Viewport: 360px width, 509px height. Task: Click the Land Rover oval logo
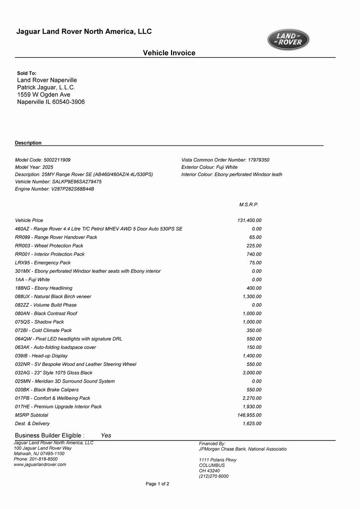288,40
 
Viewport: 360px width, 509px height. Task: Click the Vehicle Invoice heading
169,53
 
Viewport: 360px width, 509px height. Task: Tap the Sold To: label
27,73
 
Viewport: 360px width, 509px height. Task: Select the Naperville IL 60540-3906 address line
51,102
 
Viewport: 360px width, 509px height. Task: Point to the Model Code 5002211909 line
43,160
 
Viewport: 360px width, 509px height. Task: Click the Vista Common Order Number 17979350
225,160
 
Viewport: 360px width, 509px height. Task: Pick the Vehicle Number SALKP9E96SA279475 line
58,182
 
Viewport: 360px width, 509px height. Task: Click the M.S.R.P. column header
249,204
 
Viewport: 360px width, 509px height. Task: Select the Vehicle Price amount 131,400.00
249,220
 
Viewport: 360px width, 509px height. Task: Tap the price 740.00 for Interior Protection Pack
254,254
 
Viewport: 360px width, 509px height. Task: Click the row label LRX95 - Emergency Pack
43,262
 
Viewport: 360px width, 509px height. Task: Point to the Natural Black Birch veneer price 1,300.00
252,296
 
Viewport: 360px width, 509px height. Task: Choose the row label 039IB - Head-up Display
41,356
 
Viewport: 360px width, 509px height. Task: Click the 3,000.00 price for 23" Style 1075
252,373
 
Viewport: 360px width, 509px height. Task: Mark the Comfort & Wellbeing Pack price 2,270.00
252,398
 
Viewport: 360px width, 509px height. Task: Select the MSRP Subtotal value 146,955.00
249,415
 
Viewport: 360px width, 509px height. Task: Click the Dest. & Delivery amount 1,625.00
252,424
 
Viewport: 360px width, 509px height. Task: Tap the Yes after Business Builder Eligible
106,435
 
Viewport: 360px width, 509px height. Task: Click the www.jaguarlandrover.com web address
40,464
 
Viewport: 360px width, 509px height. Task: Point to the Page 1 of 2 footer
157,484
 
